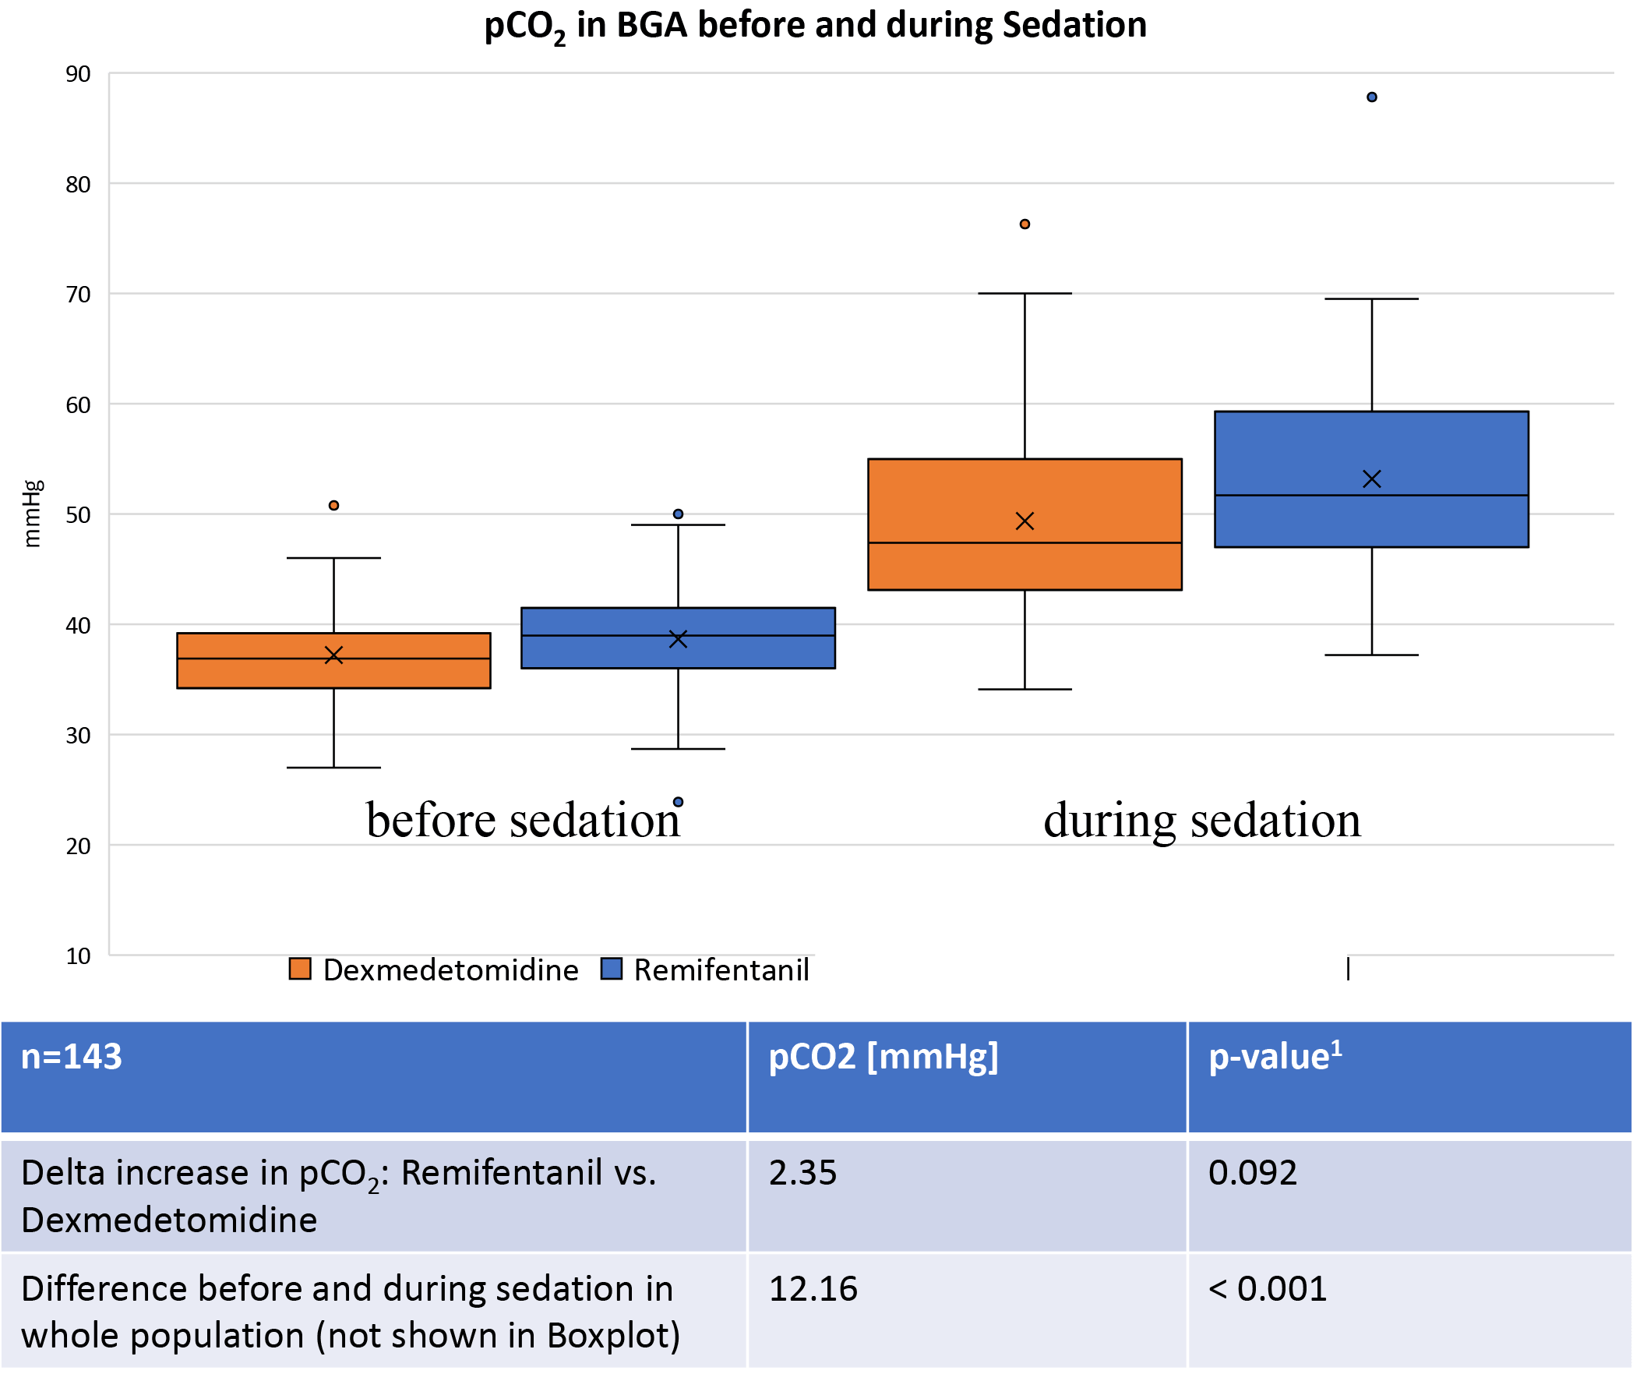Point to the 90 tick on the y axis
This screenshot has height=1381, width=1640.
(x=78, y=74)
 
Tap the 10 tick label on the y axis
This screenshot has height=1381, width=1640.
(x=78, y=956)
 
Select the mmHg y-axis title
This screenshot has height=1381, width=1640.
(x=31, y=514)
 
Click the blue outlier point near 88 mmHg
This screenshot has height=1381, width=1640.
(x=1372, y=97)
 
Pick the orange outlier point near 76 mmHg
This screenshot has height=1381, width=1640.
(x=1025, y=224)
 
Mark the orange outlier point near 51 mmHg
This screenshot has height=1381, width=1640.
(x=334, y=506)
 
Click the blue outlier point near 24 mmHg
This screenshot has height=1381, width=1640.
(x=679, y=802)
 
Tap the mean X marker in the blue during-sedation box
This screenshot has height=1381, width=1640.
(x=1372, y=479)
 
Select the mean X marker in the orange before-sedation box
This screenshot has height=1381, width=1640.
(x=334, y=655)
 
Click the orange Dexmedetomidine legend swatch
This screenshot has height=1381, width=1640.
(x=301, y=970)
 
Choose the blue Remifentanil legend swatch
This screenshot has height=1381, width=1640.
(x=611, y=970)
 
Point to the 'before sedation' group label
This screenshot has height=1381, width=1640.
(x=523, y=821)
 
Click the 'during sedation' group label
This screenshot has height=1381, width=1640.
(x=1202, y=821)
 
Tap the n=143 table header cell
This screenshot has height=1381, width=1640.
(x=72, y=1057)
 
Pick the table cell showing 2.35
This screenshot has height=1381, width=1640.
(x=802, y=1173)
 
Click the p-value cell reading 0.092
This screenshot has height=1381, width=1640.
(x=1253, y=1173)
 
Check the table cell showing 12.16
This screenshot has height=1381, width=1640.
(x=813, y=1288)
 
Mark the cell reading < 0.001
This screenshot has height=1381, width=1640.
(x=1268, y=1288)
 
